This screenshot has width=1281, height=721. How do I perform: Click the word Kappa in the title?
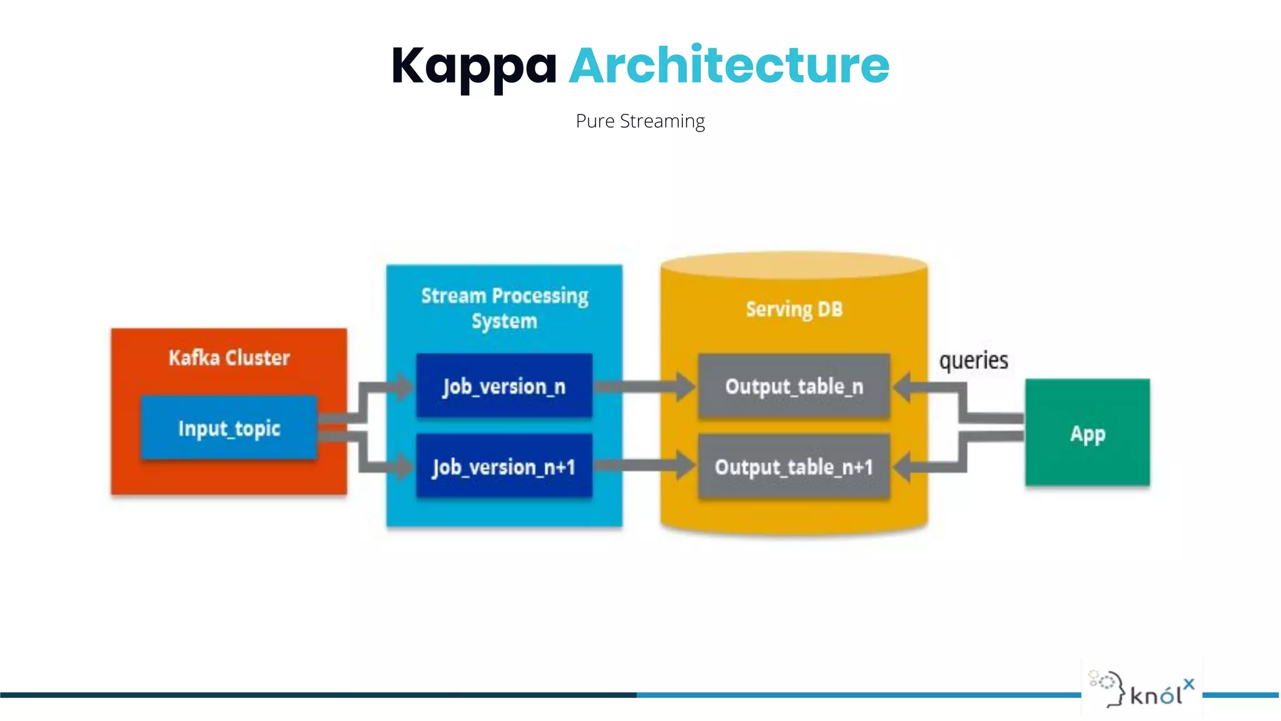(x=473, y=66)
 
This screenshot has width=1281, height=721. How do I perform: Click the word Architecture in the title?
(x=729, y=66)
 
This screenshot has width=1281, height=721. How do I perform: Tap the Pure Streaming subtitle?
(x=640, y=121)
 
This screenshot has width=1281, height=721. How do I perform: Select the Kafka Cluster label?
(x=229, y=358)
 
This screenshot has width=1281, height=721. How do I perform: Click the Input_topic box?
(x=229, y=429)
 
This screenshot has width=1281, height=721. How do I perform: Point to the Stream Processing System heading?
(x=504, y=308)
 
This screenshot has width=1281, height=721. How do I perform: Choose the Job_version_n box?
(x=504, y=386)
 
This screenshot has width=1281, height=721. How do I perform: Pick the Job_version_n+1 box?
(x=504, y=467)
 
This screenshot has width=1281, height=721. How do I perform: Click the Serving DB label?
(x=794, y=309)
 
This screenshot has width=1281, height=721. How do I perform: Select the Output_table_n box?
(x=794, y=386)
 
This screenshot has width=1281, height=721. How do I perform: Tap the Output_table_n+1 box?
(x=794, y=467)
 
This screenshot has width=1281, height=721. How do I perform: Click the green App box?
(x=1087, y=433)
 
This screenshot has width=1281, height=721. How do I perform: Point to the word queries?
(x=973, y=360)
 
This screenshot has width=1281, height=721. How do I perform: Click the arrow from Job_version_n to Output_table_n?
(x=644, y=387)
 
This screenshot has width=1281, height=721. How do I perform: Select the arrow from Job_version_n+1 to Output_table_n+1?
(x=644, y=466)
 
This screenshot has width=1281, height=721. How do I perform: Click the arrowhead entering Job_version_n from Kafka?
(x=402, y=386)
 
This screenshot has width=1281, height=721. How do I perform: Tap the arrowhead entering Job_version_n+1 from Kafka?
(x=402, y=466)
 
